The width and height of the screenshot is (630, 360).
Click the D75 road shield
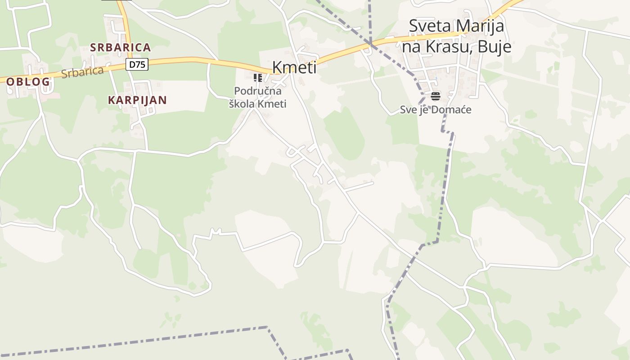[x=137, y=64]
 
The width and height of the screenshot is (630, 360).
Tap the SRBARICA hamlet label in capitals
[x=120, y=47]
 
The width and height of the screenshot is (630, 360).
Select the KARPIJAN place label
[x=137, y=100]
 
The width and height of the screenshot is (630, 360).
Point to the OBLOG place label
[x=28, y=82]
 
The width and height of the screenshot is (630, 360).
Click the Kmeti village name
[x=294, y=67]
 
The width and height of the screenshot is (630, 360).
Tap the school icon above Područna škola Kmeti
[x=258, y=78]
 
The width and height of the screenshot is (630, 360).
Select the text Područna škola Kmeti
[x=258, y=97]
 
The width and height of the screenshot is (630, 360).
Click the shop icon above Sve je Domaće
[x=435, y=96]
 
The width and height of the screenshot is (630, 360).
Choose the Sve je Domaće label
[x=436, y=109]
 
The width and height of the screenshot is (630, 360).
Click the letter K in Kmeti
[x=278, y=67]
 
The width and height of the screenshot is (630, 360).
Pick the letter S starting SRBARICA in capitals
[x=93, y=47]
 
